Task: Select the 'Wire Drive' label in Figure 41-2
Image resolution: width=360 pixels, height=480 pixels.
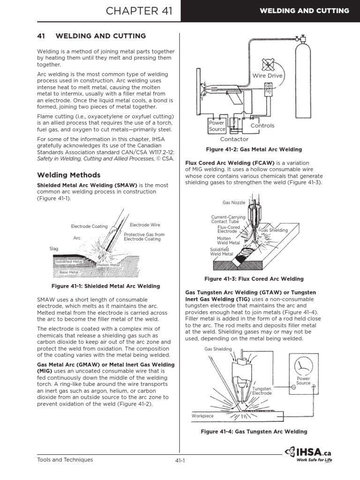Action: [268, 75]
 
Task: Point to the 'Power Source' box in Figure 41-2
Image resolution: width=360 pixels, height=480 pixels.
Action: [217, 126]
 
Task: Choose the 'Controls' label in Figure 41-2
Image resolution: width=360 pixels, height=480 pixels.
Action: [262, 126]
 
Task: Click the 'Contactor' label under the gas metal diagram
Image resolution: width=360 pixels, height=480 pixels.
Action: [234, 139]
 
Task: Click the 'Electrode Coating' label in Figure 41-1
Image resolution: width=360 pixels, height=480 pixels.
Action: [89, 226]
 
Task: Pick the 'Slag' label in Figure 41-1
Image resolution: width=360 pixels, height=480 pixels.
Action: [53, 249]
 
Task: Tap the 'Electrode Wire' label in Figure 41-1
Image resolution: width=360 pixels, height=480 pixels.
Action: [142, 225]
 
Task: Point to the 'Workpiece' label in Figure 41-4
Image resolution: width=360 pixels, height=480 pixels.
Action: [202, 415]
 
